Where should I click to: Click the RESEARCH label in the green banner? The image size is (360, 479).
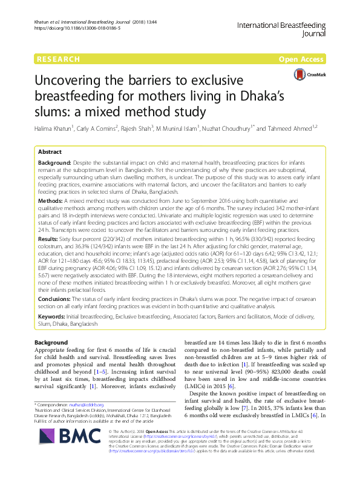(x=59, y=59)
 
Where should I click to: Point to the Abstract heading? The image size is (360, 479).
(x=50, y=153)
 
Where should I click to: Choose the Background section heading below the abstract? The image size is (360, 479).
(x=53, y=343)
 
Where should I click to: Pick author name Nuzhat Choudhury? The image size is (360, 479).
(x=238, y=129)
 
